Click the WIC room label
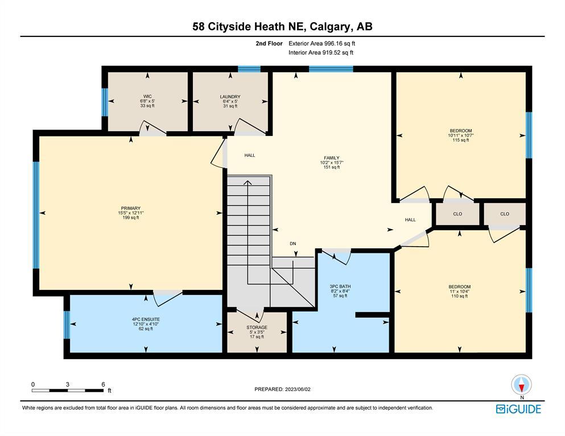147,97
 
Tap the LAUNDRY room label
230,97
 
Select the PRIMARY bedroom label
131,208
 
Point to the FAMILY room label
332,157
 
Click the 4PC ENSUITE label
146,319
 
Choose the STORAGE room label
257,327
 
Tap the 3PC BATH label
340,286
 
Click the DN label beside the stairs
293,244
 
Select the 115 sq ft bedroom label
460,131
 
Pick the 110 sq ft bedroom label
459,287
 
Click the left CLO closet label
457,214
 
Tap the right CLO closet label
505,214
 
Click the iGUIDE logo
518,409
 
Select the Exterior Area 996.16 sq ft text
322,44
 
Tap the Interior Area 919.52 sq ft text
321,52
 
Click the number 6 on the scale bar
103,384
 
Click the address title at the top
282,27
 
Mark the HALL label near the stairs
250,155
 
